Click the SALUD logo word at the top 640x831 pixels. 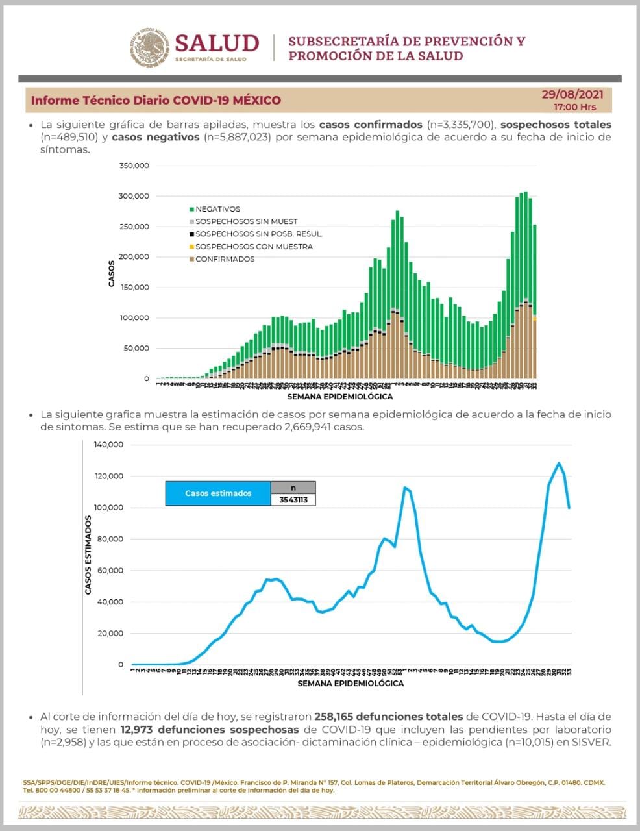(x=217, y=43)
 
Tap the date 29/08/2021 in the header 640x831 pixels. (x=572, y=95)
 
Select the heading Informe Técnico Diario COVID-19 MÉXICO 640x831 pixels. (x=156, y=101)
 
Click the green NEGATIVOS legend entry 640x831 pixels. (x=217, y=209)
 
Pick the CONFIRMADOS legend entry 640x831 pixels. (x=224, y=259)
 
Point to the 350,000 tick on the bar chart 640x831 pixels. (x=134, y=166)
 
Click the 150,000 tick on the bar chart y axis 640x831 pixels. (x=134, y=288)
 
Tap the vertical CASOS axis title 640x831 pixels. (x=111, y=273)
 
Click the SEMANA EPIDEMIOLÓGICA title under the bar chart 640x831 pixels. (x=339, y=396)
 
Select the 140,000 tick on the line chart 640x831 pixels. (x=108, y=445)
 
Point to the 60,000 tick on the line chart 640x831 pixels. (x=110, y=571)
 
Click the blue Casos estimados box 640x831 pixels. (x=218, y=493)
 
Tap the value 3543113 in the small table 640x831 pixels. (x=293, y=500)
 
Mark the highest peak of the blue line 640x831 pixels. (x=558, y=463)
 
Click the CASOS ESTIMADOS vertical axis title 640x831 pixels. (x=88, y=555)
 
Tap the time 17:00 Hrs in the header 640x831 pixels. (x=574, y=107)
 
